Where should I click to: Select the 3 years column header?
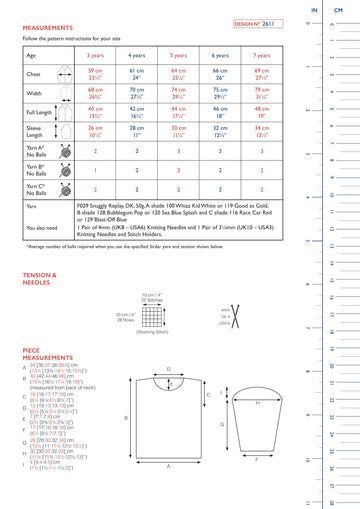point(96,56)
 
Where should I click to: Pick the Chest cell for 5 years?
point(179,75)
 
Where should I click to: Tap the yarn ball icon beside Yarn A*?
point(65,150)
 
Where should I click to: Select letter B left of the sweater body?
point(126,418)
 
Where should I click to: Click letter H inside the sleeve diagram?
point(257,404)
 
